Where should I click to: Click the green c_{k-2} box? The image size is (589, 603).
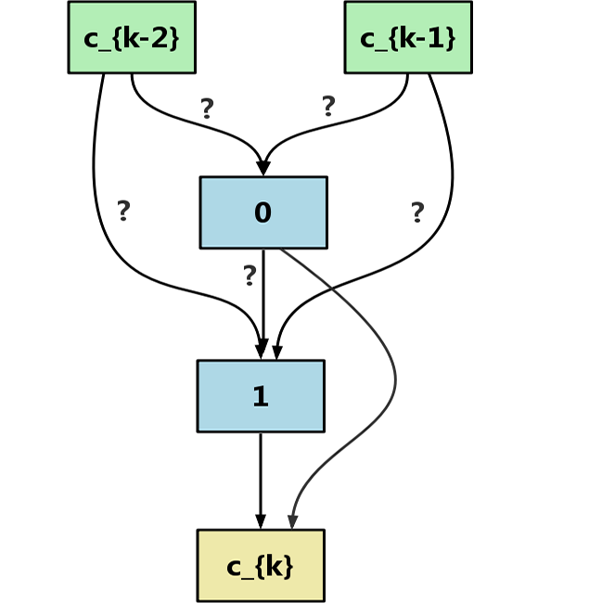(x=132, y=38)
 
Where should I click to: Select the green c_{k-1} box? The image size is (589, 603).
(x=408, y=38)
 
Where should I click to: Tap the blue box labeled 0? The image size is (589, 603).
(x=263, y=212)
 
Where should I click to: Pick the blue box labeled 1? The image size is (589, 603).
(x=261, y=396)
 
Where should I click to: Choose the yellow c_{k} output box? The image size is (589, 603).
(x=261, y=565)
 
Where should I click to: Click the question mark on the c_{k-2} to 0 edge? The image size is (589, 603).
(x=207, y=109)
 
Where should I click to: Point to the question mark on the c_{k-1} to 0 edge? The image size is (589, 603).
(x=328, y=106)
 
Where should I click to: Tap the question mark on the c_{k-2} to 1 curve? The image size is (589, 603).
(x=123, y=211)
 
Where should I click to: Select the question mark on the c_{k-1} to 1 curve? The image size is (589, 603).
(x=417, y=212)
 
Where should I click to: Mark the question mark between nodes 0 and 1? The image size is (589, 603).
(x=250, y=276)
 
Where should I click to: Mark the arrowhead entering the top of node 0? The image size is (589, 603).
(x=263, y=168)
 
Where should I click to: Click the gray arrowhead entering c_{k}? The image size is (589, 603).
(x=293, y=521)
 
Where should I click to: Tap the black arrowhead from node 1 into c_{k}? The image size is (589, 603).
(x=261, y=521)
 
